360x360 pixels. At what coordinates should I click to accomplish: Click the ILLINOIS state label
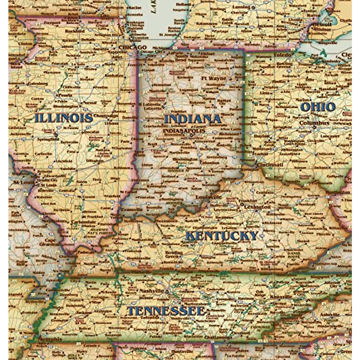tap(63, 118)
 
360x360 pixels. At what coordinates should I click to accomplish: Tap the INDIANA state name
tap(192, 119)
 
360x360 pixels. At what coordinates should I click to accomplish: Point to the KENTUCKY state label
tap(222, 236)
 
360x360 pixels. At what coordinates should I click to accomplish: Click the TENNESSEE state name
tap(166, 311)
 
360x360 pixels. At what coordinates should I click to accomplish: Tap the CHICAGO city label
tap(132, 47)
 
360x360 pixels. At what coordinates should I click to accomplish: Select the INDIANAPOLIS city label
tap(188, 131)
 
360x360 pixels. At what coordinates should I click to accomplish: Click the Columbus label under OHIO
tap(314, 123)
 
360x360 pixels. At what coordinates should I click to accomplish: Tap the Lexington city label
tap(257, 207)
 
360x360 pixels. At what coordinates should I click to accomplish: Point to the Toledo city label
tap(282, 55)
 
